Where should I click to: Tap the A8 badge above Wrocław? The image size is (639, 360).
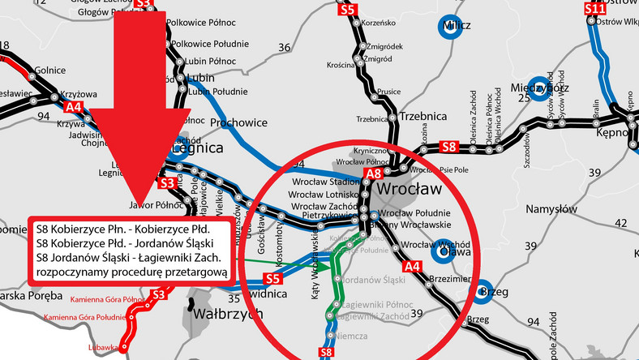pyautogui.click(x=373, y=174)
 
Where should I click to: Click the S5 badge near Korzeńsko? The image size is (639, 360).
pyautogui.click(x=348, y=11)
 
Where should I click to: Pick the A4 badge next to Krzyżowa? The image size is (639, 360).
pyautogui.click(x=74, y=106)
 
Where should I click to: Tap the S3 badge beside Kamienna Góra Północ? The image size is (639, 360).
pyautogui.click(x=159, y=294)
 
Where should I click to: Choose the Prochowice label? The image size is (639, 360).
pyautogui.click(x=238, y=122)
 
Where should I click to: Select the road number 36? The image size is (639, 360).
pyautogui.click(x=284, y=48)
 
